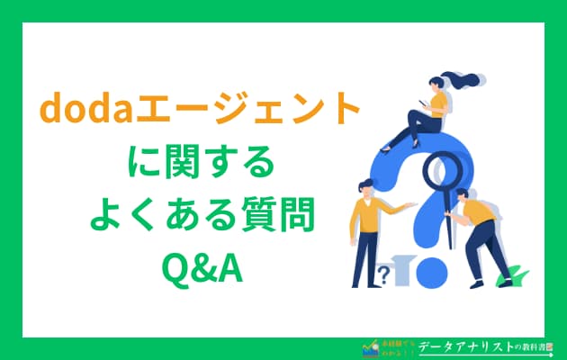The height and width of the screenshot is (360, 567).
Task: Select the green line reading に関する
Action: point(200,165)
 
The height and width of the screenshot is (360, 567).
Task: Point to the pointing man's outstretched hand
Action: point(413,204)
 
